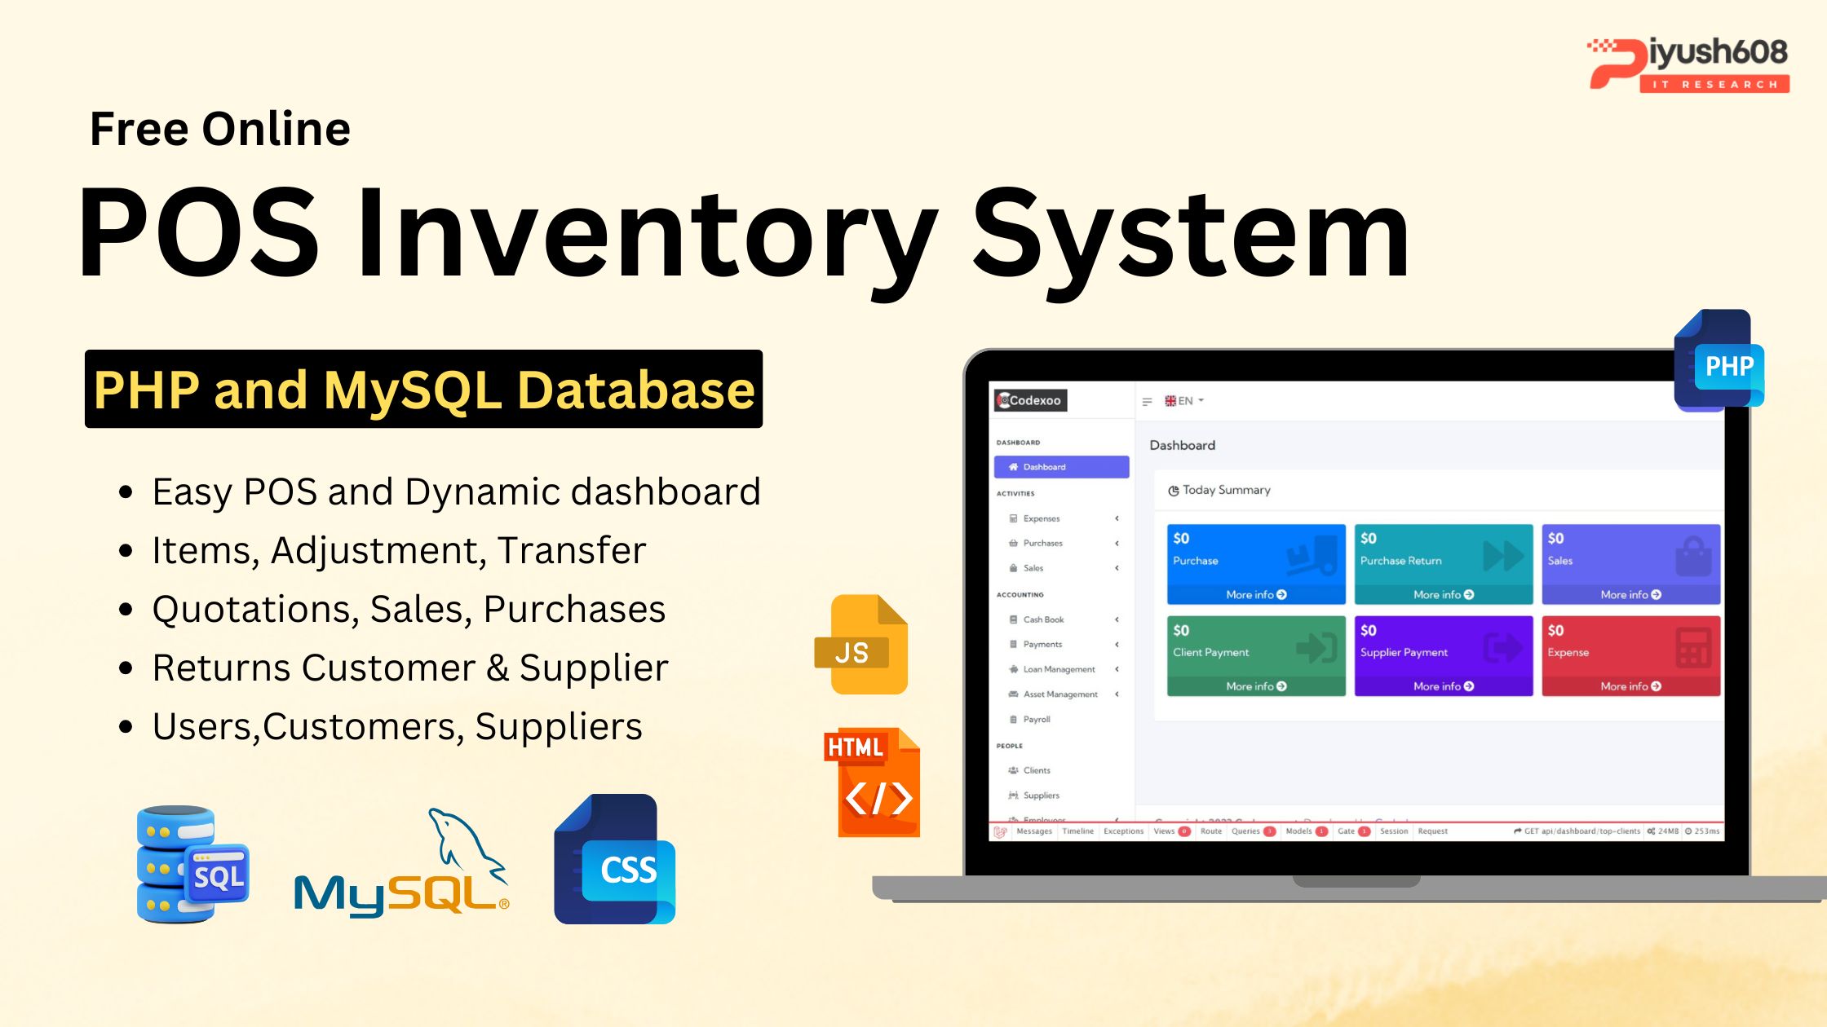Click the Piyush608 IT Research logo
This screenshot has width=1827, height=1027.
(x=1688, y=64)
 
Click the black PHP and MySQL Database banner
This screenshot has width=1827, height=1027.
(x=423, y=389)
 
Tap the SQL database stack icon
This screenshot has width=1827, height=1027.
(x=192, y=864)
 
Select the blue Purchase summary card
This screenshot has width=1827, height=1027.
(x=1255, y=563)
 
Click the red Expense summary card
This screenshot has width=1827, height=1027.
(x=1630, y=655)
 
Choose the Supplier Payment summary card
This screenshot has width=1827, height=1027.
(x=1443, y=655)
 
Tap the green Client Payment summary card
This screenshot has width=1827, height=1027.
(x=1255, y=655)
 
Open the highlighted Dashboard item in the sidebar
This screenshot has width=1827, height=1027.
(x=1061, y=467)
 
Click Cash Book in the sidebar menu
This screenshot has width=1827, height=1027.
(x=1043, y=619)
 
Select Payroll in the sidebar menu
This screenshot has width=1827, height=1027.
(x=1037, y=720)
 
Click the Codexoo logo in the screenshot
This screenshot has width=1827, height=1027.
(x=1030, y=400)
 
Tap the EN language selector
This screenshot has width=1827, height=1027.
(x=1184, y=401)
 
